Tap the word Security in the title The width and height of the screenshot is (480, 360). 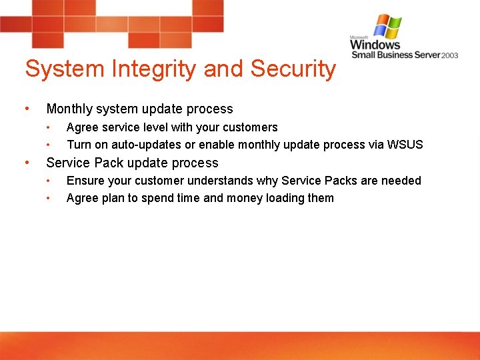pos(293,69)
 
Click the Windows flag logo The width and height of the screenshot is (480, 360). pos(387,27)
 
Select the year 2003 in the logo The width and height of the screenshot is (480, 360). pos(449,55)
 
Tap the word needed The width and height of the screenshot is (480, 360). pos(403,181)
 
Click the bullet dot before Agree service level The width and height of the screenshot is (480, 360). pos(48,127)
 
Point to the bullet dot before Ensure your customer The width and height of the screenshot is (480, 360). pos(48,181)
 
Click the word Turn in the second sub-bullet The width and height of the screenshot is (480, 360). pos(79,145)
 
